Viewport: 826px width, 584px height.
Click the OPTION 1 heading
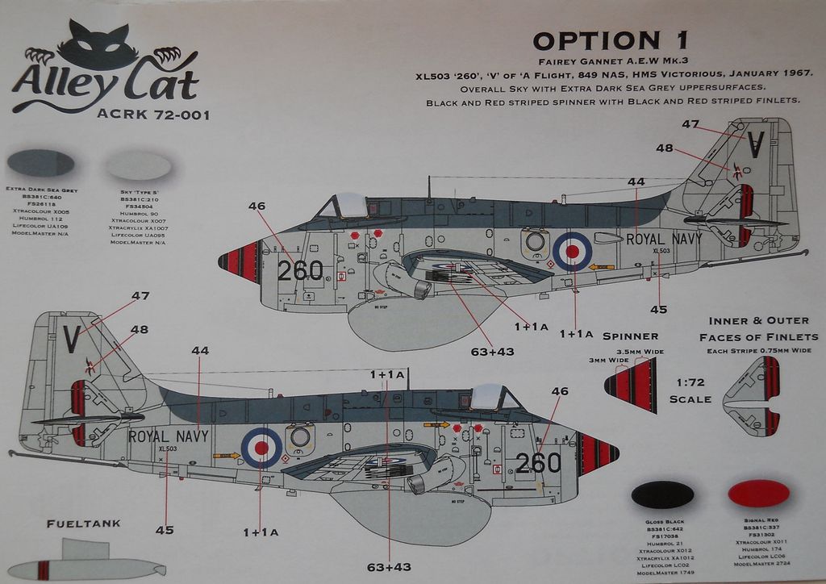coord(611,41)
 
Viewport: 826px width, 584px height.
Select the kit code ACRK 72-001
coord(153,115)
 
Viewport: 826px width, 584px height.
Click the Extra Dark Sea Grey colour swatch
coord(40,164)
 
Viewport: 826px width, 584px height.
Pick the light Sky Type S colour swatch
coord(139,166)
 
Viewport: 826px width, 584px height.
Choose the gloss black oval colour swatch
coord(662,494)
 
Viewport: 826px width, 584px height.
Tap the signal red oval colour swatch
coord(758,493)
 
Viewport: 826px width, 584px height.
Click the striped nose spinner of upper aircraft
coord(240,261)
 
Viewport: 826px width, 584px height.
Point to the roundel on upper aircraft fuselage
coord(572,250)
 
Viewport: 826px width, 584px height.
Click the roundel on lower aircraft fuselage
coord(262,447)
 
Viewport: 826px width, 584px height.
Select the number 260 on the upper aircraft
coord(300,270)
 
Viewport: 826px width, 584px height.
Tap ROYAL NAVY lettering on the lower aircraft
coord(168,436)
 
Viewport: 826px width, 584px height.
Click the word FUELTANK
coord(84,524)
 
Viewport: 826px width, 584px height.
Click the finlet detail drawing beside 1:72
coord(752,395)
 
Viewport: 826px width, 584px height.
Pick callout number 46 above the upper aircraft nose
coord(257,206)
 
